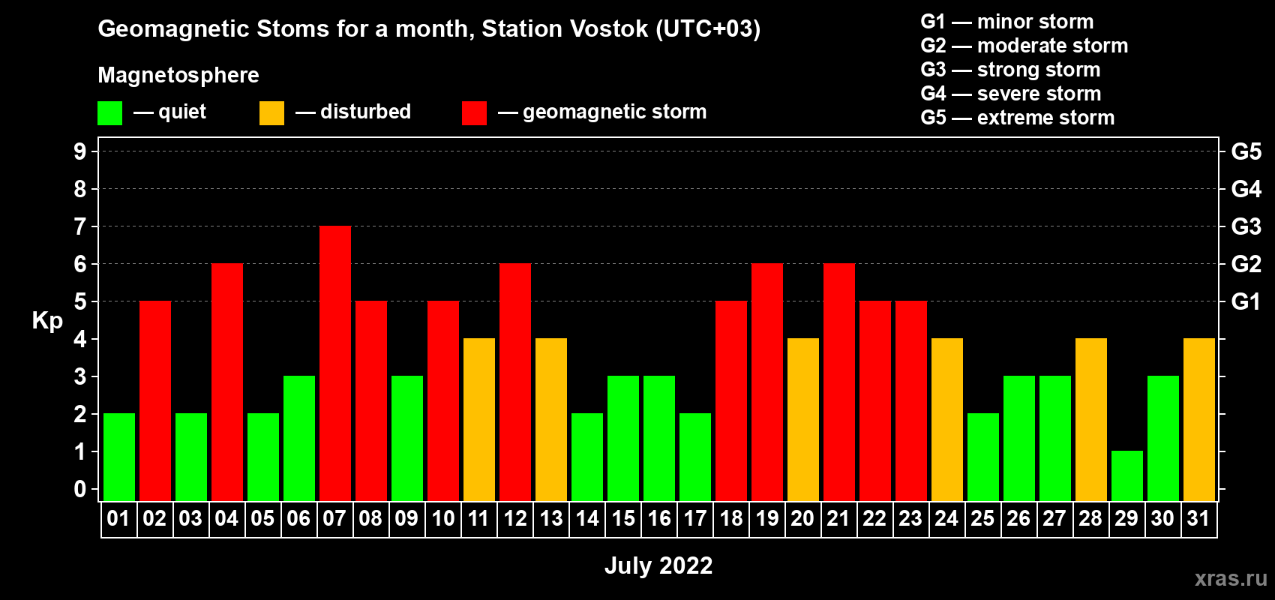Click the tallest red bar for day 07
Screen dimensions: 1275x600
[335, 363]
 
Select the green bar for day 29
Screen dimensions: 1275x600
[1127, 476]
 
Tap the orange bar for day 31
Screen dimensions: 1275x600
[1199, 419]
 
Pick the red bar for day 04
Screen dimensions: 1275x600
[227, 382]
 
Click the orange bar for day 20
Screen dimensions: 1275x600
[803, 419]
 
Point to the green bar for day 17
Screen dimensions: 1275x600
[695, 457]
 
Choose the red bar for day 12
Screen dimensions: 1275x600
[515, 382]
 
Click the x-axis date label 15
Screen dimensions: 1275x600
[623, 518]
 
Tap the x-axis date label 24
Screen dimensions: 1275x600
[946, 518]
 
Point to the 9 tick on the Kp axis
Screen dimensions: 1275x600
[79, 151]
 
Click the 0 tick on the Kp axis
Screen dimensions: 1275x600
[79, 489]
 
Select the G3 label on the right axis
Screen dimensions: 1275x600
[1246, 226]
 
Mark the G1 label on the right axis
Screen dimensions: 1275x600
[1246, 301]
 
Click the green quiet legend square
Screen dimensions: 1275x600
[109, 112]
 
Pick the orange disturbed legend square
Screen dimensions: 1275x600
[271, 112]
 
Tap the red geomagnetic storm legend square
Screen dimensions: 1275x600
[475, 112]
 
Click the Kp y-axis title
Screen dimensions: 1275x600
[47, 322]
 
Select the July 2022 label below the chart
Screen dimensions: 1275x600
[658, 565]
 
